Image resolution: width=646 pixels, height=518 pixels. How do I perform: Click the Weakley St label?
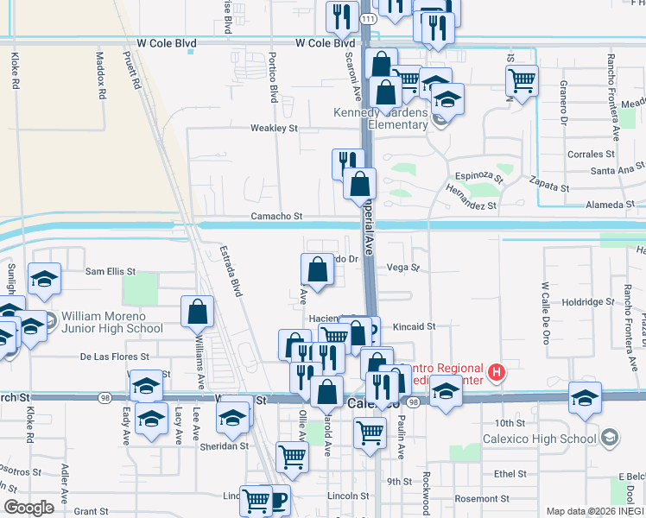[x=274, y=128]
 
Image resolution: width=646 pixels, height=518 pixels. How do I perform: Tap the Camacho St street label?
[x=277, y=217]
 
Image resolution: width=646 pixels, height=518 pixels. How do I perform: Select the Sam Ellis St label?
[x=110, y=271]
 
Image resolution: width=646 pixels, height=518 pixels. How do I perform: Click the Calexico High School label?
[x=548, y=439]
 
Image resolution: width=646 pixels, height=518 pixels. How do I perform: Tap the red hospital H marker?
[x=497, y=372]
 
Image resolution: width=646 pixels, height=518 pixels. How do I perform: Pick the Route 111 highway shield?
[x=369, y=18]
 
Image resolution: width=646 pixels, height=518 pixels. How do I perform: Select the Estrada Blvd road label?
[x=231, y=273]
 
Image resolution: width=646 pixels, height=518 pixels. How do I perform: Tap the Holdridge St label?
[x=586, y=302]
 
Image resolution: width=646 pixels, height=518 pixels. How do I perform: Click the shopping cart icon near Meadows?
[x=522, y=81]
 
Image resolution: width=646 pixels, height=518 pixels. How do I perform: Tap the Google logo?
[x=28, y=508]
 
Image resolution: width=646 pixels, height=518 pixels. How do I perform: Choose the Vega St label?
[x=402, y=268]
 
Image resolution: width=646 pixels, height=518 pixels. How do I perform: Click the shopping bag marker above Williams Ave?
[x=198, y=312]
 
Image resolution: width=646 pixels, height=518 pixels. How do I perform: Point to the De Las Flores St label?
[x=115, y=356]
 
